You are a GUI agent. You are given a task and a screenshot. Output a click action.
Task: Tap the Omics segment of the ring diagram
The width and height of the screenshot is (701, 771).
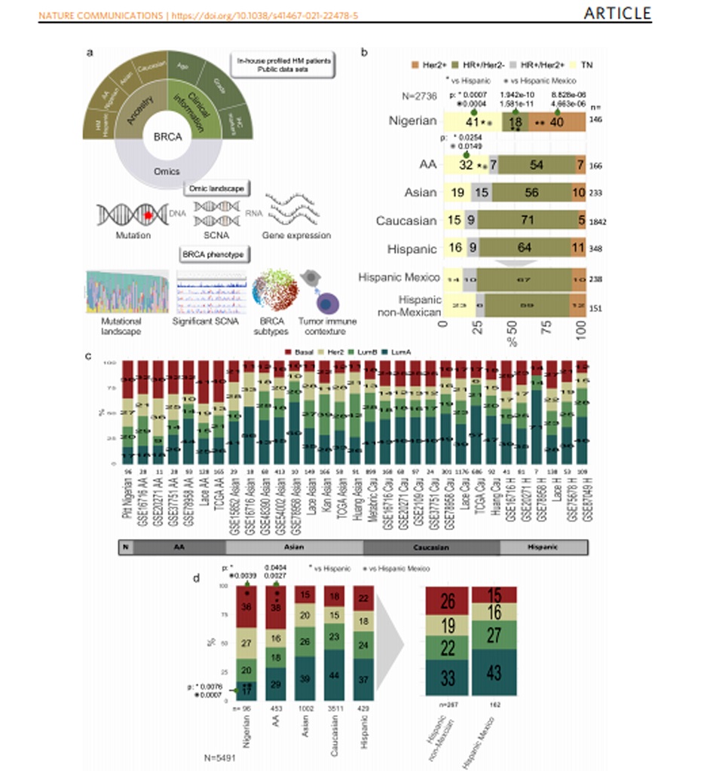[167, 172]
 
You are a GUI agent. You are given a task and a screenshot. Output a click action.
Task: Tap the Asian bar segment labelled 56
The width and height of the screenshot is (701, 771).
[532, 193]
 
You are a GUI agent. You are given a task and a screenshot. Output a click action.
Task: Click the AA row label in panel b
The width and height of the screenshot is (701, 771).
[427, 165]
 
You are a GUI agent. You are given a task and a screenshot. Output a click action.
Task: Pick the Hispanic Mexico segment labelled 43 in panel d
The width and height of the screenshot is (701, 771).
[494, 672]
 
